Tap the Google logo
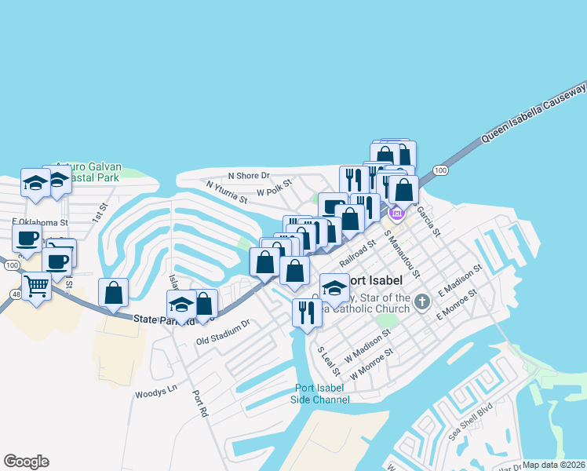pos(26,462)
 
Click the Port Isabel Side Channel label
pos(320,394)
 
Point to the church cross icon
pos(422,301)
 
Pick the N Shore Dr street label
pos(249,175)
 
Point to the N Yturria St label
pos(227,192)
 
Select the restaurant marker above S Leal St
pos(306,312)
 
